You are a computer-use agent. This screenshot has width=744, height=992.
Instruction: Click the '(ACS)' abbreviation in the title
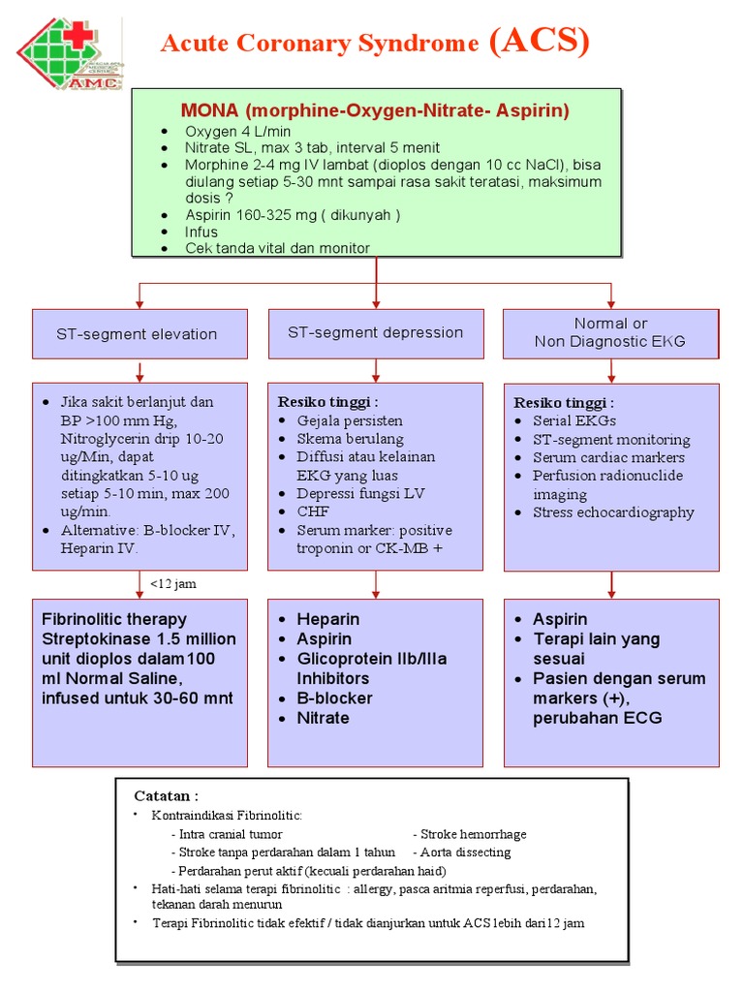click(539, 42)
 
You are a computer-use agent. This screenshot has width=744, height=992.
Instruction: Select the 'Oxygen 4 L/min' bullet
click(237, 131)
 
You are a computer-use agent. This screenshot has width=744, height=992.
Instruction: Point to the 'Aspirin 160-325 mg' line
click(293, 214)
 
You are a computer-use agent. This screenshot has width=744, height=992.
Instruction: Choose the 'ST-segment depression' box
click(375, 332)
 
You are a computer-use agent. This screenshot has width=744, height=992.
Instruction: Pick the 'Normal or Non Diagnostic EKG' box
click(610, 332)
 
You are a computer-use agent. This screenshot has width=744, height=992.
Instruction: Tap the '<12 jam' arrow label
click(173, 583)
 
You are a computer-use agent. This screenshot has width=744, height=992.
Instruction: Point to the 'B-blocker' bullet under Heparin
click(334, 698)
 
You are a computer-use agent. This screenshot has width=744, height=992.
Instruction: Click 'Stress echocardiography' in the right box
click(613, 512)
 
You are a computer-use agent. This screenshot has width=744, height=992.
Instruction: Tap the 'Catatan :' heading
click(165, 795)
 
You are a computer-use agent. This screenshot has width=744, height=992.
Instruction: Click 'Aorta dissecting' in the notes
click(465, 852)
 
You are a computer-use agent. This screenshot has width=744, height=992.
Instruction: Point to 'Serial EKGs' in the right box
click(573, 420)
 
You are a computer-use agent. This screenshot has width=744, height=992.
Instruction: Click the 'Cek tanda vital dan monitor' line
click(277, 248)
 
